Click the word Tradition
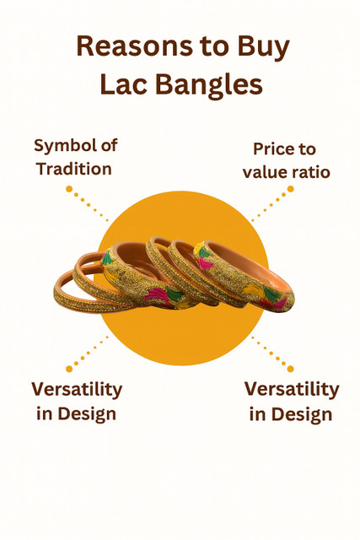pos(74,169)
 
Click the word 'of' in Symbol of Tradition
pos(108,146)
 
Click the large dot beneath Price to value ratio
pos(291,191)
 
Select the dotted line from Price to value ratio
pos(271,205)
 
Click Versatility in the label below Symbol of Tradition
pos(77,390)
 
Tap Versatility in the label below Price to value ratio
pos(292,390)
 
